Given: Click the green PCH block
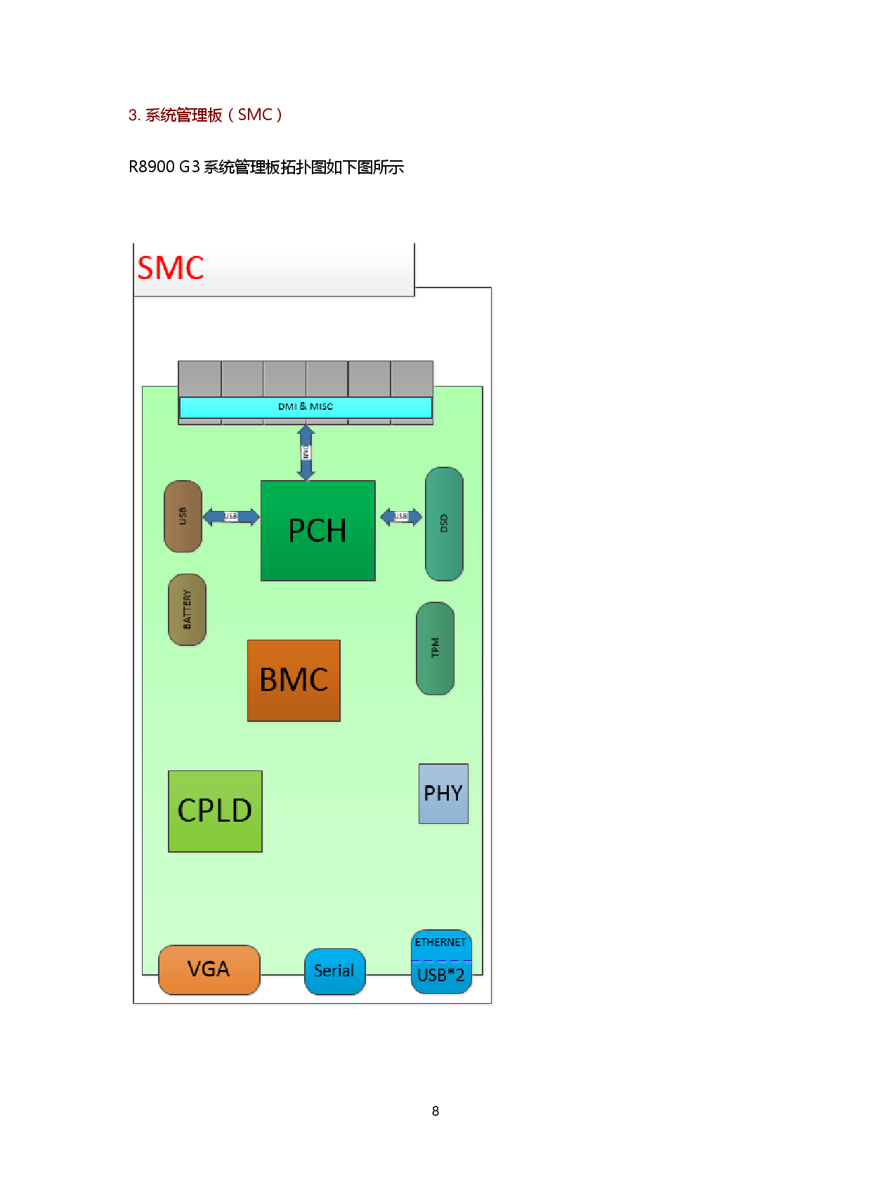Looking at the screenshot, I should (317, 531).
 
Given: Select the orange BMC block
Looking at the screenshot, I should (294, 680).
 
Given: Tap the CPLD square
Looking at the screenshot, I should (215, 811).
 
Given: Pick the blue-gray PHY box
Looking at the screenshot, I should (443, 794).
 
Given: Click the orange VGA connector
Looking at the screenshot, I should (209, 969).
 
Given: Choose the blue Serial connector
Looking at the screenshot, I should (334, 971).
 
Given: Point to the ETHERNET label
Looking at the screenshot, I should (440, 943).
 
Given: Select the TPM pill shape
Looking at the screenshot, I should (435, 648).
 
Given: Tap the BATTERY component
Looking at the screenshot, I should (187, 609).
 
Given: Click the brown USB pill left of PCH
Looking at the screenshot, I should (183, 517).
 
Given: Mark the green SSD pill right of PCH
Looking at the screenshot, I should (444, 524).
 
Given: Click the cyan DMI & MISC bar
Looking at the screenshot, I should (306, 407).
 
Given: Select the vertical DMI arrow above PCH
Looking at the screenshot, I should (306, 453).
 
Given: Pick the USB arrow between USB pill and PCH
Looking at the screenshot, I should (231, 517).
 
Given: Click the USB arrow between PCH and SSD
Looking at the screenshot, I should (401, 517).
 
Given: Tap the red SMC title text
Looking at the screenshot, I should (171, 269).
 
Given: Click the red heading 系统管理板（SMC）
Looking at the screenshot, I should (205, 115).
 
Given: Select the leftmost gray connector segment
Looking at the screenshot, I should (199, 379).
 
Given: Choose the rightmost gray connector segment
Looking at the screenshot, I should (412, 379).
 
